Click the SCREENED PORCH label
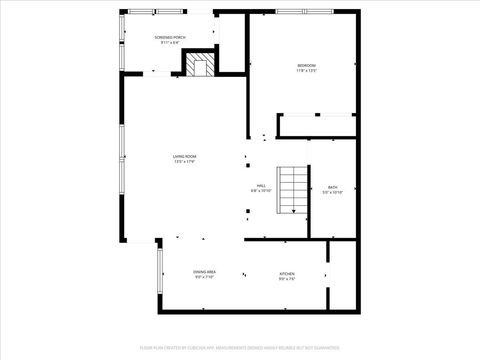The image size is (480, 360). [x=168, y=37]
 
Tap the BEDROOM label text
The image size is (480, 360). [x=306, y=66]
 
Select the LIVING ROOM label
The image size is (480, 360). [x=183, y=156]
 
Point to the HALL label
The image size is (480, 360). [x=259, y=187]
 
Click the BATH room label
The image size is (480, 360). [x=333, y=187]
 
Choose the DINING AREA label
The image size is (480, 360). [x=204, y=273]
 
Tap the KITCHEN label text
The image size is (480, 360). [x=286, y=273]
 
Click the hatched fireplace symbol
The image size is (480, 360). [x=198, y=66]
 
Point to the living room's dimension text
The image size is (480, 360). [x=183, y=162]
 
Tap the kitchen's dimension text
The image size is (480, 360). [x=286, y=279]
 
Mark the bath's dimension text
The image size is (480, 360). [x=333, y=193]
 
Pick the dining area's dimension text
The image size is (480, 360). [x=204, y=279]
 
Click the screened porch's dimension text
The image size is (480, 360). [x=168, y=43]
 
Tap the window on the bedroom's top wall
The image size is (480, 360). [x=305, y=12]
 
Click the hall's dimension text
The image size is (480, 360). [x=259, y=193]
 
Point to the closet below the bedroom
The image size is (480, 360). [x=318, y=127]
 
